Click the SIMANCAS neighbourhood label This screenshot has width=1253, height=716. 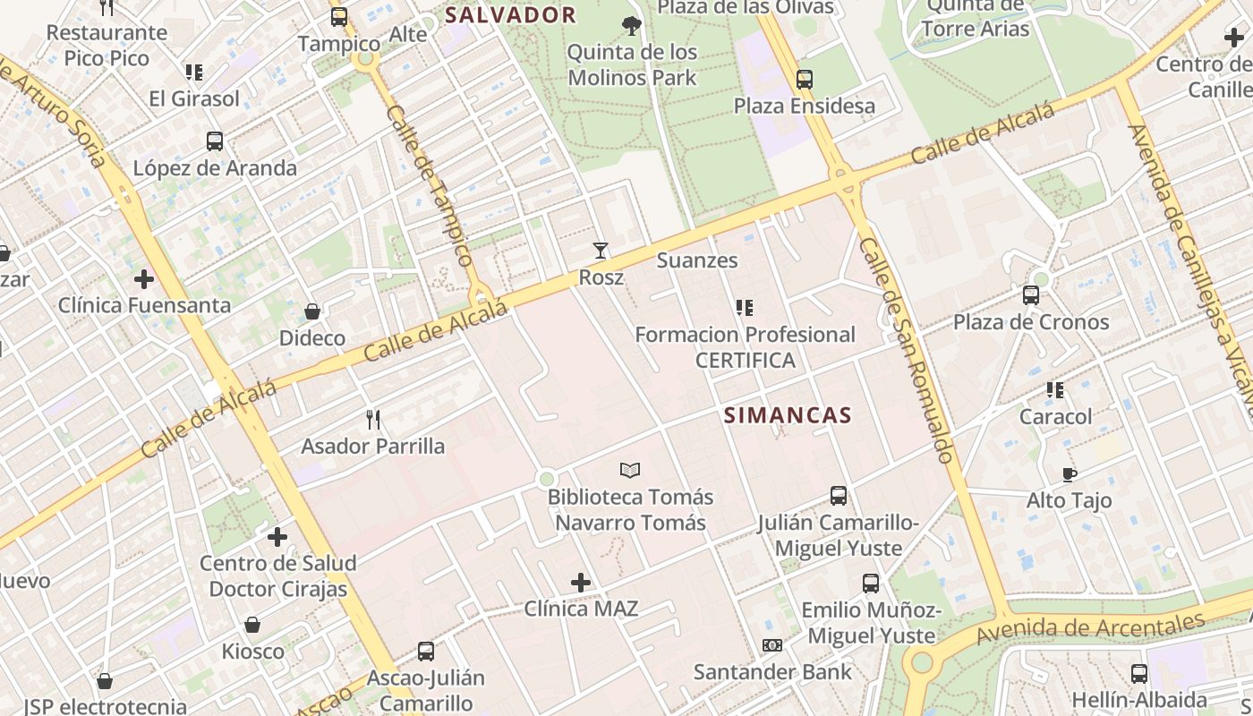pos(788,415)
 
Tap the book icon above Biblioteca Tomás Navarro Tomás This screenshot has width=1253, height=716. pos(630,470)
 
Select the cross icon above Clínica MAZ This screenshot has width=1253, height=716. pos(581,583)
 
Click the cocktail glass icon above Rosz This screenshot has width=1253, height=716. pos(601,251)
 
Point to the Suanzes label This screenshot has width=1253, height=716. pos(697,260)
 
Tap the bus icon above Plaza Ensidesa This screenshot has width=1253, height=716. pos(805,79)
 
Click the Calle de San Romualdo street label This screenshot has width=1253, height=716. pos(905,349)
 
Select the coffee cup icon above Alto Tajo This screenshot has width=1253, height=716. pos(1069,474)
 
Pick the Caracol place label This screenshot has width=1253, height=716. pos(1056,416)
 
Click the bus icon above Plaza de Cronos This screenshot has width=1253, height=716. pos(1031,295)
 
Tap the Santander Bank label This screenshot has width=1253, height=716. pos(772,671)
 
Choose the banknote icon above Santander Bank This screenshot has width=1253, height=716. pos(771,645)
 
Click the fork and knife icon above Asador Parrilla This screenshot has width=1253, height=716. pos(373,419)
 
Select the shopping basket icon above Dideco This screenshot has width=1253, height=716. pos(312,311)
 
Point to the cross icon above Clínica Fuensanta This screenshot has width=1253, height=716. pos(144,279)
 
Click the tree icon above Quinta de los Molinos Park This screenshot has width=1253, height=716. pos(632,25)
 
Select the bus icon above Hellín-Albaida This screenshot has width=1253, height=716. pos(1138,674)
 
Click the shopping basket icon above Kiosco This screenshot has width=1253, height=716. pos(252,625)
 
